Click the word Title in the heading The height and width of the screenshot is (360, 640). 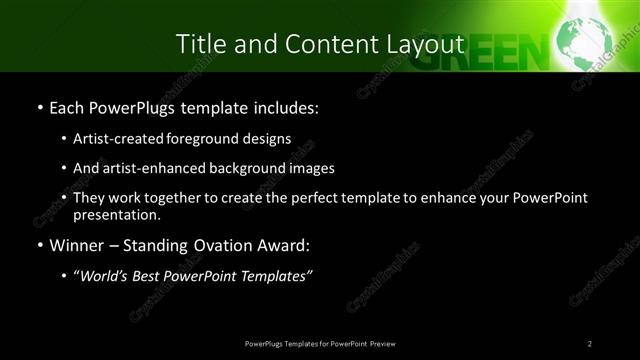coord(198,44)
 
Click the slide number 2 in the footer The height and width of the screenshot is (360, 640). coord(590,343)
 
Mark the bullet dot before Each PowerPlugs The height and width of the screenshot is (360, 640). coord(39,106)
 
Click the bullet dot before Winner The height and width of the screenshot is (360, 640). coord(39,245)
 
